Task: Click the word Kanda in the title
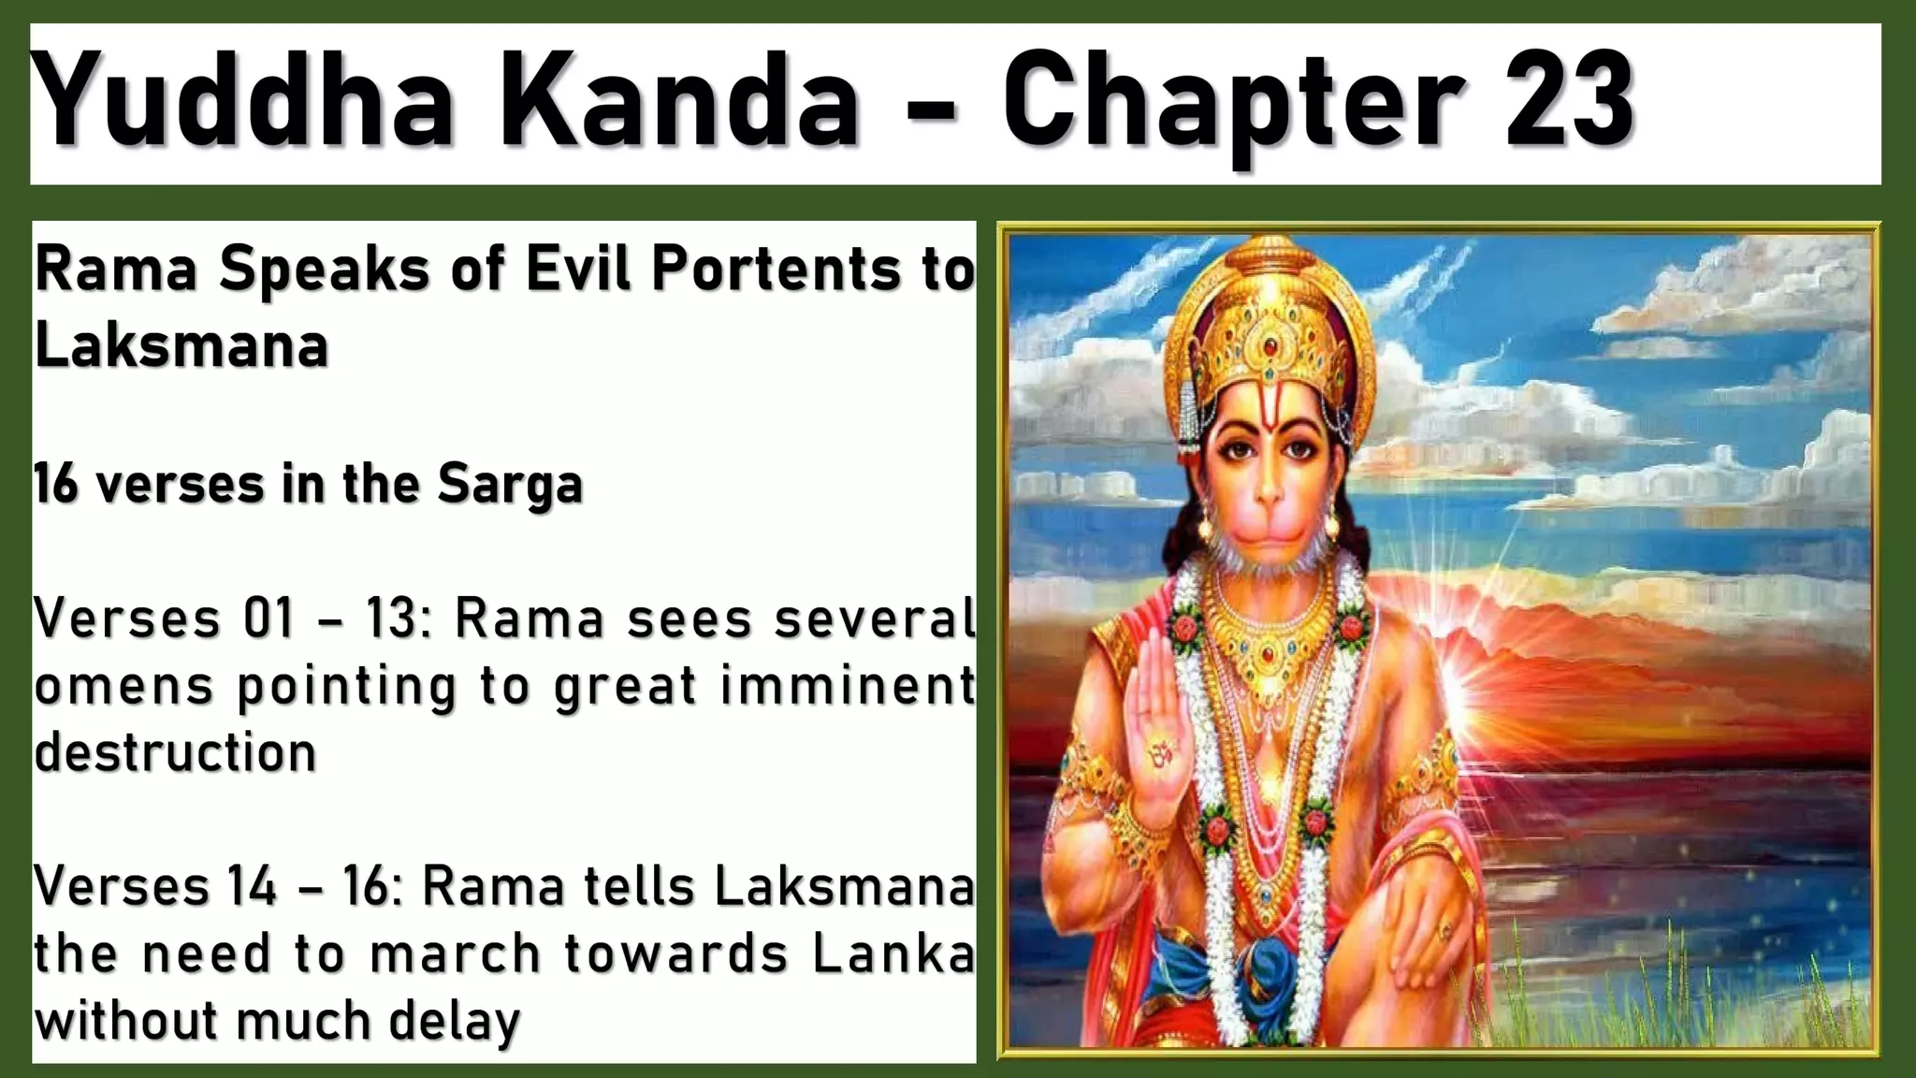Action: pos(681,101)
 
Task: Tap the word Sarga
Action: pos(510,485)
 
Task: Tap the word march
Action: pos(456,954)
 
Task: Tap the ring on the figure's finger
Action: pos(1444,930)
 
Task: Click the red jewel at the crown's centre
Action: pos(1269,347)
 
